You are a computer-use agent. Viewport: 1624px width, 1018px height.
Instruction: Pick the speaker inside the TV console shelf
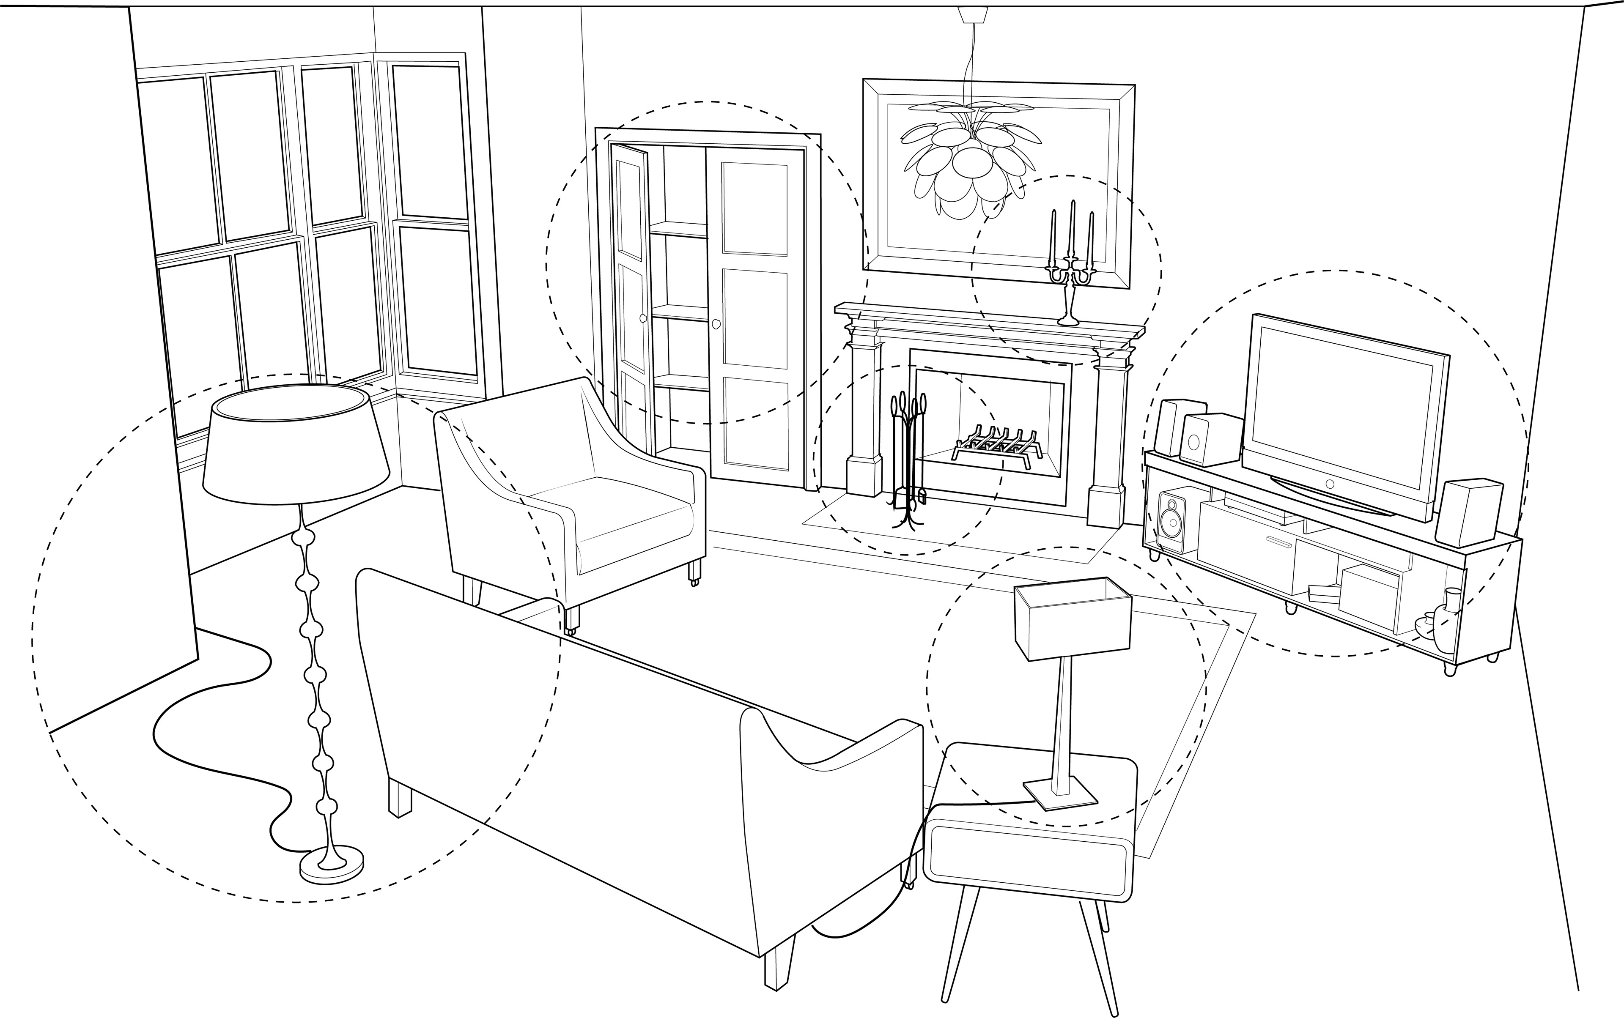1173,521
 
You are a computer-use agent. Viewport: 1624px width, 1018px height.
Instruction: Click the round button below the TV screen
1329,484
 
